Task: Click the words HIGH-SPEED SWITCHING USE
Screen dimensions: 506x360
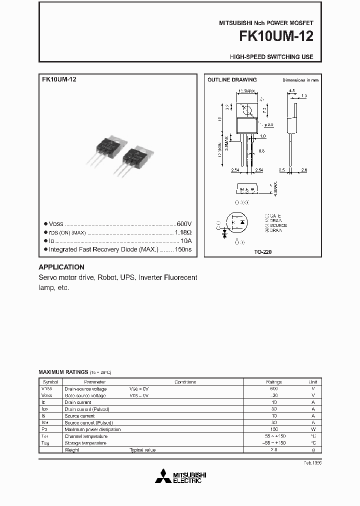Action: tap(271, 57)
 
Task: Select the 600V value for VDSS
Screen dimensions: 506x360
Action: tap(184, 223)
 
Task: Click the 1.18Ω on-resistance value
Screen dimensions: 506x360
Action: tap(183, 232)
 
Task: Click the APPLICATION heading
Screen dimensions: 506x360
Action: tap(61, 267)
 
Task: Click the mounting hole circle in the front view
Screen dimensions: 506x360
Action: tap(246, 109)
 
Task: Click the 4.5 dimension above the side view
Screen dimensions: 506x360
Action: tap(291, 91)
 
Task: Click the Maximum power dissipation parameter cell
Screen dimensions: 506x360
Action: tap(92, 429)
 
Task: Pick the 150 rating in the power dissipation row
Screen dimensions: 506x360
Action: tap(273, 429)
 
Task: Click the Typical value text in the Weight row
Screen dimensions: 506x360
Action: tap(142, 450)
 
